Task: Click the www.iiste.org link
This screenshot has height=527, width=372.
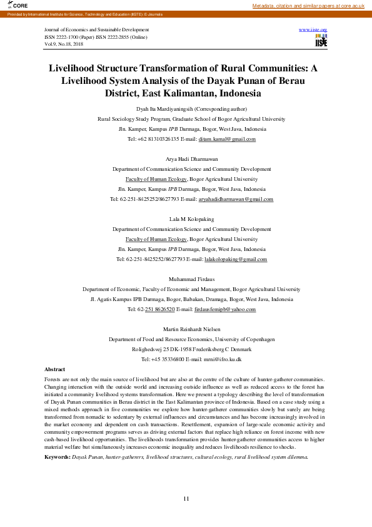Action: (x=313, y=30)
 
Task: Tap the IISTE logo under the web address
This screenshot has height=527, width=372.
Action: (x=321, y=41)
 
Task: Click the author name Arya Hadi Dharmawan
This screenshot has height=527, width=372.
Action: (x=186, y=159)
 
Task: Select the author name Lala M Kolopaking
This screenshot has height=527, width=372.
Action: (x=186, y=219)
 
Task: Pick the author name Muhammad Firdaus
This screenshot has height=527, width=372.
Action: (x=186, y=279)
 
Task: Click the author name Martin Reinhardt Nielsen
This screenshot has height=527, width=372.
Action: (x=186, y=329)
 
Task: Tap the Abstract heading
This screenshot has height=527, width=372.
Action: (x=55, y=369)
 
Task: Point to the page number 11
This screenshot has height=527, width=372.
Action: (x=186, y=498)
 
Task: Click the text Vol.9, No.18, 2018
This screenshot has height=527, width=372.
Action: (x=64, y=44)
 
